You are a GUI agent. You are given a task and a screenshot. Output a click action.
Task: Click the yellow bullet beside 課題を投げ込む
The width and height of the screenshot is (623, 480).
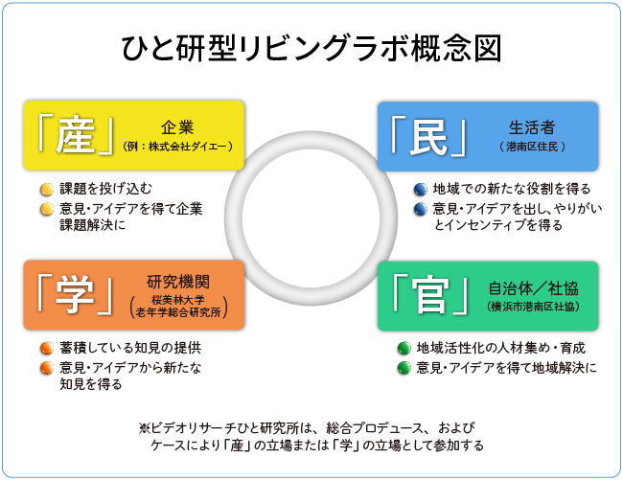point(46,188)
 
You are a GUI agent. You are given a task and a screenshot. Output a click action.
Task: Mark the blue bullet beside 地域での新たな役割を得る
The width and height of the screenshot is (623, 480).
point(419,189)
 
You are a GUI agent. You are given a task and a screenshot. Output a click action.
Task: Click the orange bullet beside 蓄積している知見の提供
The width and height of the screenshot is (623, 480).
point(46,347)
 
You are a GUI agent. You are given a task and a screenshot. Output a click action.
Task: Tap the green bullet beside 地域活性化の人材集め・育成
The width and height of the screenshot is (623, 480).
point(404,347)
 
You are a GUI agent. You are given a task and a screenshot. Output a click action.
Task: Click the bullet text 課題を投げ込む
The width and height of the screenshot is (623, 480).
point(105,188)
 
